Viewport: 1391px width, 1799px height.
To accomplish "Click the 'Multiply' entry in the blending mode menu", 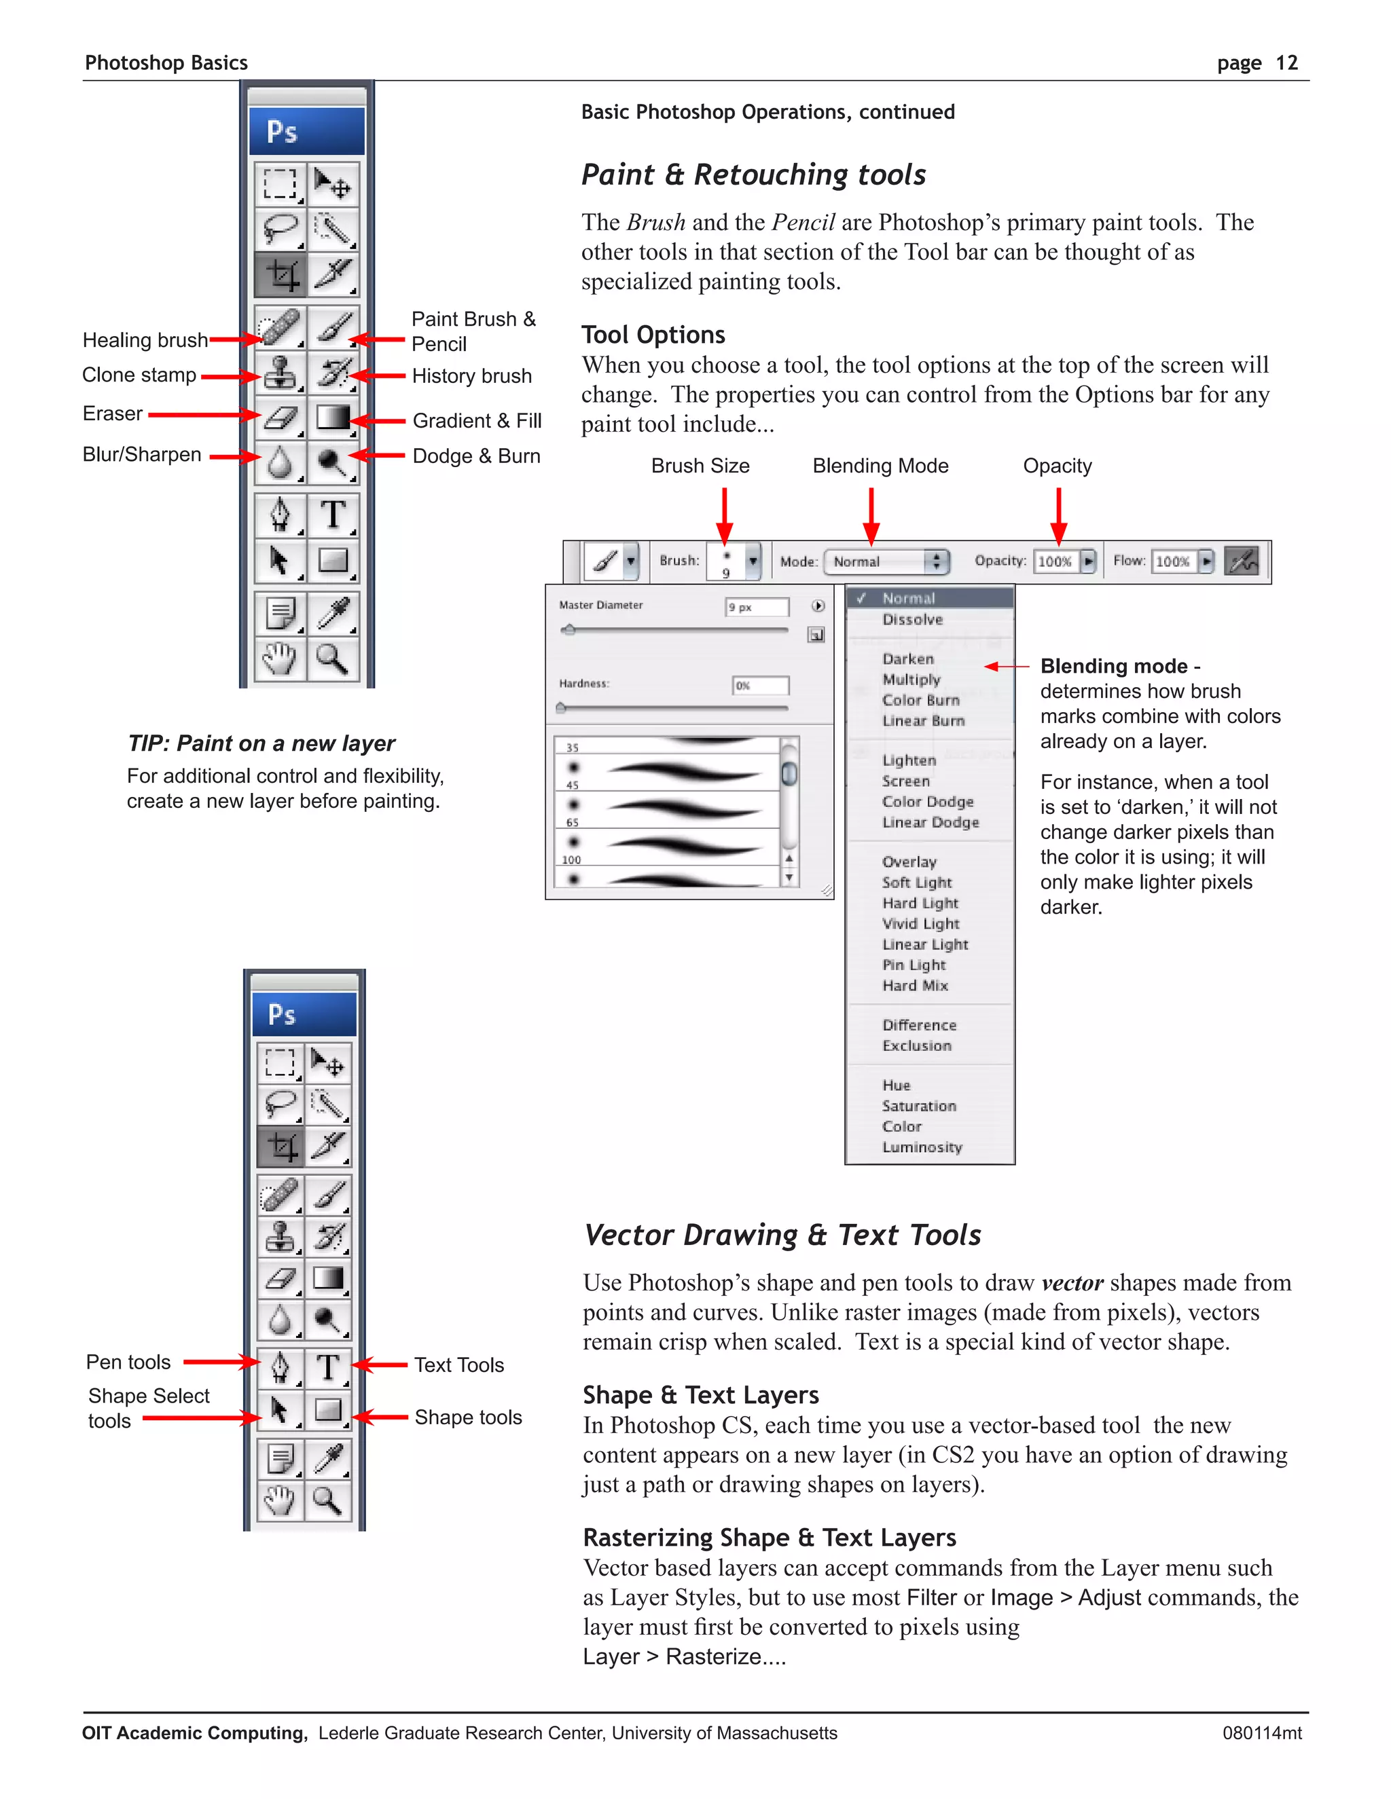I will tap(911, 680).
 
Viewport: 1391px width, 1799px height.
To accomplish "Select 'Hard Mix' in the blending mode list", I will tap(915, 985).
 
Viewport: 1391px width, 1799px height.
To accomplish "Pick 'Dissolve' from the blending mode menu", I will tap(912, 619).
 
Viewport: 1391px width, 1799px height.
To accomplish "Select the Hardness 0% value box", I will tap(760, 686).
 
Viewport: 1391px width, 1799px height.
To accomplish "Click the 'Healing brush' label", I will tap(145, 340).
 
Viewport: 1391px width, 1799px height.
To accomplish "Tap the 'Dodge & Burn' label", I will tap(476, 456).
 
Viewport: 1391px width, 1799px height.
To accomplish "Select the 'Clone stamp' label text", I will tap(139, 375).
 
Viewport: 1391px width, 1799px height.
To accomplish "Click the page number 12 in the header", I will tap(1286, 63).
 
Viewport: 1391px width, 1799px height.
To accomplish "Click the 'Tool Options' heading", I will tap(653, 335).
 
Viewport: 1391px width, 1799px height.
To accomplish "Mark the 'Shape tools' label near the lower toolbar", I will tap(468, 1417).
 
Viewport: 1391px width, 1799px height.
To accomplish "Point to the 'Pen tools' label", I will tap(128, 1362).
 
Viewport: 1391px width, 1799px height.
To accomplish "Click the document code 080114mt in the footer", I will tap(1262, 1732).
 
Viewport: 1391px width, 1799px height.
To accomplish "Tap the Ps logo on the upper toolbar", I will tap(282, 132).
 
